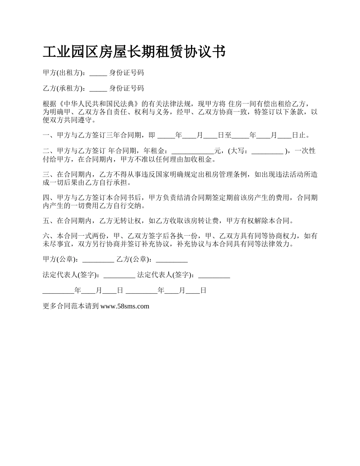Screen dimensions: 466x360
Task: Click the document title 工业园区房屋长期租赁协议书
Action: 135,52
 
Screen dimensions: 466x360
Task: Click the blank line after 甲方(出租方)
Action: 98,73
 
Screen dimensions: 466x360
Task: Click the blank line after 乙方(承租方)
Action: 98,89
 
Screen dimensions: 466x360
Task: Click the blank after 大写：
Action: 267,151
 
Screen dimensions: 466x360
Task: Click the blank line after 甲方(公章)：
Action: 98,260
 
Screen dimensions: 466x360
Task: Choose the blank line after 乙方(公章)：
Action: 172,260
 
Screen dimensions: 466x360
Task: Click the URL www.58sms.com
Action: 125,306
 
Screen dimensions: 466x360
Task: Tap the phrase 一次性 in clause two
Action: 305,151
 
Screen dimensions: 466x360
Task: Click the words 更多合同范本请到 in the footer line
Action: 71,306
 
